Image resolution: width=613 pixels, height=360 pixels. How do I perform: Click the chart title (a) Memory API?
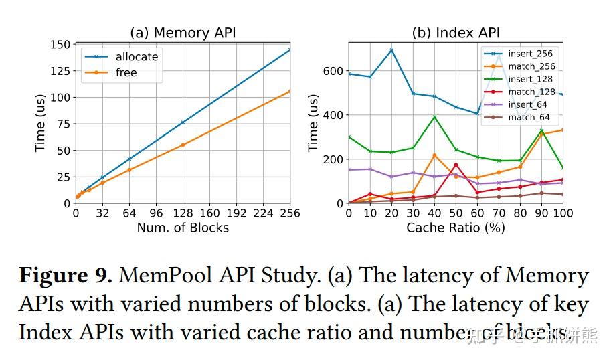tap(182, 33)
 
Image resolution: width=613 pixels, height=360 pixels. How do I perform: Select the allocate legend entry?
tap(137, 57)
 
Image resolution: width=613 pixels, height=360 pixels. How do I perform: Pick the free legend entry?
tap(126, 72)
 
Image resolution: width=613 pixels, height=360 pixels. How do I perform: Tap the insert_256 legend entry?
tap(531, 54)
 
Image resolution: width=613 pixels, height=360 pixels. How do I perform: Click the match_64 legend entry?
tap(529, 117)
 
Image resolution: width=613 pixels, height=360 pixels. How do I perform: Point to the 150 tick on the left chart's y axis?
tap(60, 44)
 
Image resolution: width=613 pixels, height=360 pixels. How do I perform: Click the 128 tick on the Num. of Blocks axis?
tap(183, 214)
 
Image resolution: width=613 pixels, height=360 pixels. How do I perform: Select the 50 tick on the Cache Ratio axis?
tap(456, 214)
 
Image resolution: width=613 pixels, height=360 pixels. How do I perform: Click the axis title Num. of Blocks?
tap(182, 228)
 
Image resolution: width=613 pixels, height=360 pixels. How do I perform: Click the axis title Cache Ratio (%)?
tap(455, 228)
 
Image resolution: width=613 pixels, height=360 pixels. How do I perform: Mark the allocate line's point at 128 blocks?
tap(183, 122)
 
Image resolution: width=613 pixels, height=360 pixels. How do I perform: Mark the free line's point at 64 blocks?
tap(129, 170)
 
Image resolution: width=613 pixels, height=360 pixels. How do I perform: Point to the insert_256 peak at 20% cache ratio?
tap(391, 50)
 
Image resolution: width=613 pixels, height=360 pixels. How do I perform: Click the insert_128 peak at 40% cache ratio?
tap(434, 117)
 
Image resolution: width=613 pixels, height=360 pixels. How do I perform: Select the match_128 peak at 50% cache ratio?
tap(456, 165)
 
